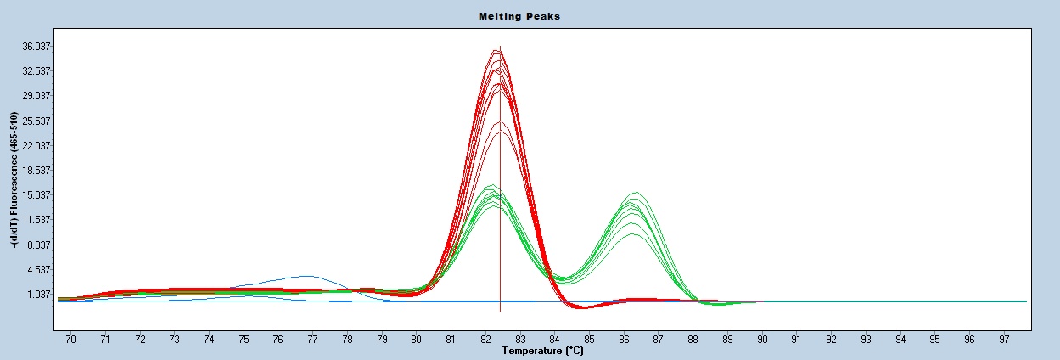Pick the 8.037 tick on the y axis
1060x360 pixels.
pos(39,245)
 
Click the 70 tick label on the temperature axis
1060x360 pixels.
pos(70,339)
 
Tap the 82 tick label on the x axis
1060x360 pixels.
pos(485,339)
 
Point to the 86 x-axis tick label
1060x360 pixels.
pos(624,339)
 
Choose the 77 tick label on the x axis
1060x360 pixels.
pos(312,339)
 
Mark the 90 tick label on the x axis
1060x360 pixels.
pos(762,339)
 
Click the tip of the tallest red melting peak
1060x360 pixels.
pos(497,51)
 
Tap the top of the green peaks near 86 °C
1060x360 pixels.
pos(636,194)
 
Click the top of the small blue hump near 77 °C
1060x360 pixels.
pos(309,276)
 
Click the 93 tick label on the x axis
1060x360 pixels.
pos(866,339)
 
